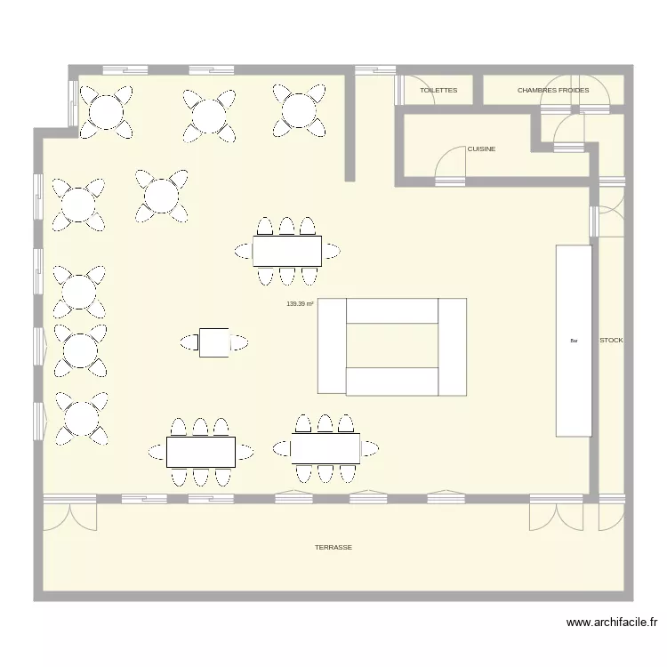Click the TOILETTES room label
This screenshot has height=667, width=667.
[x=438, y=91]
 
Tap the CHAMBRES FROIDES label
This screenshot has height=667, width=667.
[x=553, y=91]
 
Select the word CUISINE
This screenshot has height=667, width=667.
[x=481, y=149]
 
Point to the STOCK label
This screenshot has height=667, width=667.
[x=611, y=341]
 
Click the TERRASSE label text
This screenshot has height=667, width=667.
[x=333, y=548]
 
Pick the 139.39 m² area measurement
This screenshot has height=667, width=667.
[x=301, y=304]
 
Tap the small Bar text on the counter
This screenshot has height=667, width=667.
[x=574, y=341]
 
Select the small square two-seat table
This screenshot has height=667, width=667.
[x=214, y=342]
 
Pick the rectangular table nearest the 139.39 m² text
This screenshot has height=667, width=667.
[x=286, y=251]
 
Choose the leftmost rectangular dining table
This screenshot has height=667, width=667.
[x=201, y=452]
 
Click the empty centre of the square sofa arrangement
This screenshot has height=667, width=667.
[x=392, y=345]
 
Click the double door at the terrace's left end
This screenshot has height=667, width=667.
[x=69, y=516]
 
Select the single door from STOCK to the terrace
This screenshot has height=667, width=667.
[x=611, y=516]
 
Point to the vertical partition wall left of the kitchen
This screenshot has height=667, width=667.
[x=350, y=125]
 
